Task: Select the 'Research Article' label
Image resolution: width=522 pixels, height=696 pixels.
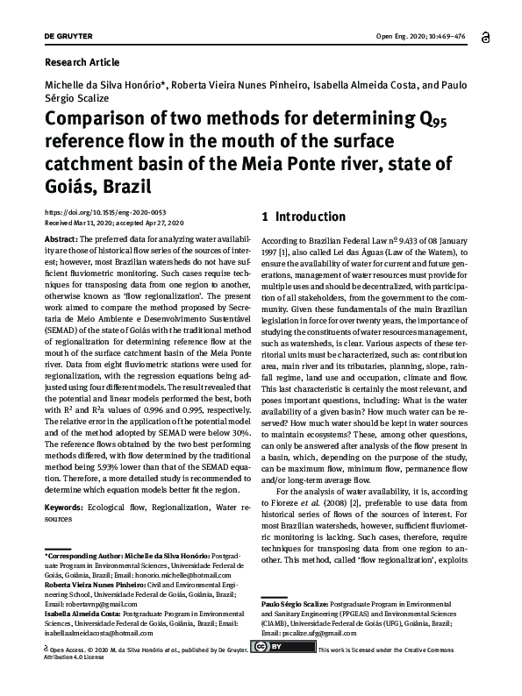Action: coord(81,62)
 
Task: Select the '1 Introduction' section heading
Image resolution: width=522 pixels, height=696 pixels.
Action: coord(304,216)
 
